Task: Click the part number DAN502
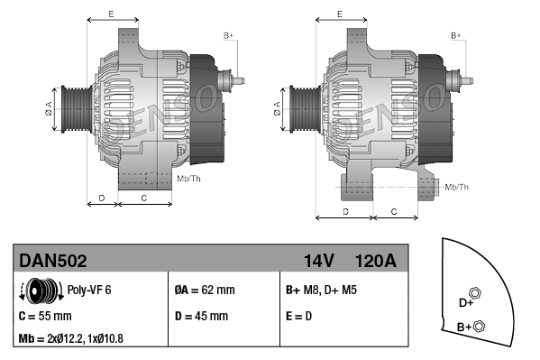pyautogui.click(x=53, y=261)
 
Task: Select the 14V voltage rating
pyautogui.click(x=318, y=261)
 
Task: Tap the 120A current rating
pyautogui.click(x=375, y=261)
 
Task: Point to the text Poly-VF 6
pyautogui.click(x=89, y=291)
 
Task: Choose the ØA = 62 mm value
pyautogui.click(x=204, y=291)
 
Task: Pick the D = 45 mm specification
pyautogui.click(x=200, y=317)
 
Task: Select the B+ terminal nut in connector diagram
pyautogui.click(x=479, y=326)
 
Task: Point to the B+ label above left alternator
pyautogui.click(x=228, y=35)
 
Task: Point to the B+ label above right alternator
pyautogui.click(x=456, y=35)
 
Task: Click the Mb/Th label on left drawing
pyautogui.click(x=189, y=179)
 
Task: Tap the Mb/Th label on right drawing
pyautogui.click(x=457, y=187)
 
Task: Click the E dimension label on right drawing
pyautogui.click(x=339, y=14)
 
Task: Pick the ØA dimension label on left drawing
pyautogui.click(x=49, y=108)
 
